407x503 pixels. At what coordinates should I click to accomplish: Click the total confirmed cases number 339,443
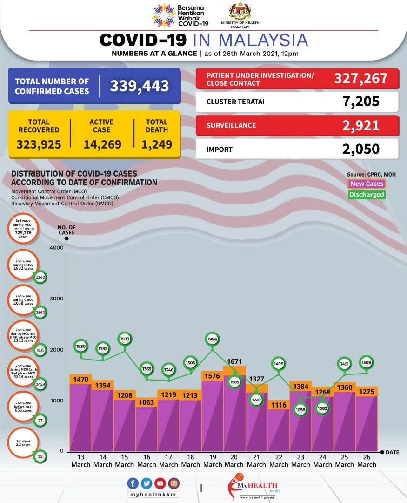pos(139,86)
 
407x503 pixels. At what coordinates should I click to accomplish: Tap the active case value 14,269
pos(102,144)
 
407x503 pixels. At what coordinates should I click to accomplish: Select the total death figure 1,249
pos(157,144)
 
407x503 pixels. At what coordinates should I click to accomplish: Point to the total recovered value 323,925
pos(39,144)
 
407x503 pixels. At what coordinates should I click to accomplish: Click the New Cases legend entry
pos(367,184)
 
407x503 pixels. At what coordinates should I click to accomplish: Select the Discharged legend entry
pos(367,194)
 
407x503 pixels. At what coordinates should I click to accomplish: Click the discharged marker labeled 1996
pos(212,339)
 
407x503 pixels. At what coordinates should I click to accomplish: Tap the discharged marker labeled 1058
pos(300,409)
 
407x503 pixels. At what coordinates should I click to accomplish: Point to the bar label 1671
pos(234,361)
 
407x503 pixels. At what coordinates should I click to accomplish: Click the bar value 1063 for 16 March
pos(147,402)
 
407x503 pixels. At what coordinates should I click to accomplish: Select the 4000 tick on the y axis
pos(55,248)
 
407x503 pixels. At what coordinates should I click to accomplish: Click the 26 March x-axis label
pos(367,461)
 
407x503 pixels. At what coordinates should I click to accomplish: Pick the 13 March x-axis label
pos(81,461)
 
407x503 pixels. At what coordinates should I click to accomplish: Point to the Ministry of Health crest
pos(240,11)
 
